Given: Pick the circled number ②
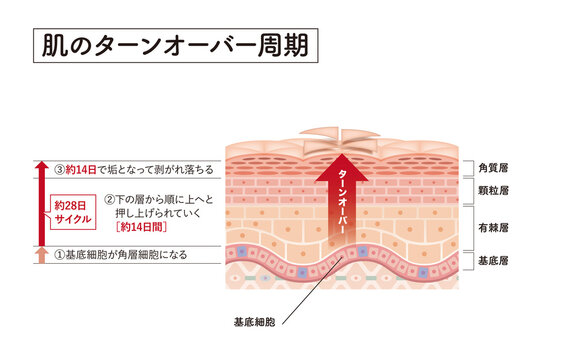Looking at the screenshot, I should pos(109,201).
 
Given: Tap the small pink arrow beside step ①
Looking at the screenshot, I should pos(40,256).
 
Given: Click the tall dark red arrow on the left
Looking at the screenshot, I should pos(40,200).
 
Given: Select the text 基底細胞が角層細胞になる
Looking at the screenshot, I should pos(132,256).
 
